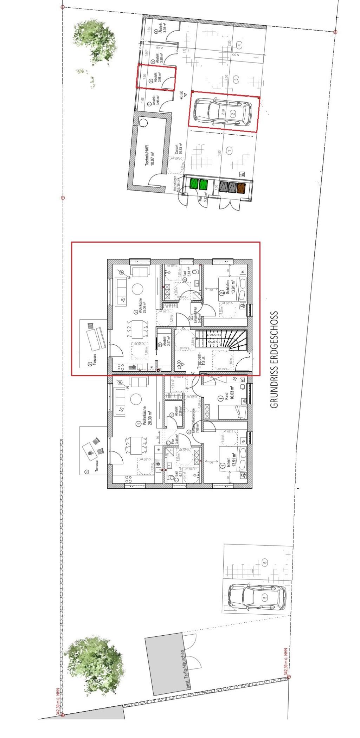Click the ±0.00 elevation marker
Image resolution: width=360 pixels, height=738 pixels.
(x=180, y=365)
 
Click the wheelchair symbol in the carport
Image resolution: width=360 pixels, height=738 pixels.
(x=242, y=174)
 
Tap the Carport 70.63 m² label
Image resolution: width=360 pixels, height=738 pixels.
(x=179, y=149)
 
